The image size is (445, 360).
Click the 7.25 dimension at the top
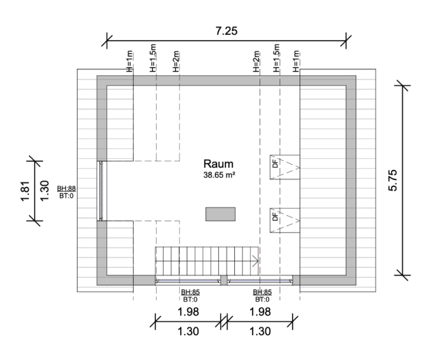pos(227,31)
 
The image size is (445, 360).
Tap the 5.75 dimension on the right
pos(393,181)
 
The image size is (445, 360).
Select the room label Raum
pos(218,164)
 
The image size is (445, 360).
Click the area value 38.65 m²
pos(219,175)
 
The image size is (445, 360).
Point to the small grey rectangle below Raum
pos(221,214)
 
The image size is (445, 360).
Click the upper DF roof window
pos(285,167)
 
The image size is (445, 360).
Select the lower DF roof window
pos(285,221)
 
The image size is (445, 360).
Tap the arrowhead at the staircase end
pos(255,261)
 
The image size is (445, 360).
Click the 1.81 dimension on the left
pos(25,191)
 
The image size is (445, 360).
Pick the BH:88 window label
pos(67,188)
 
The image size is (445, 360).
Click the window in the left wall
pos(101,191)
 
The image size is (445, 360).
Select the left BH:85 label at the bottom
pos(191,292)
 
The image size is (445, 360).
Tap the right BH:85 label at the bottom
pos(263,292)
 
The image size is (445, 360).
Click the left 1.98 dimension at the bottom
pos(188,312)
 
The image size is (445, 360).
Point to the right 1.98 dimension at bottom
pos(260,312)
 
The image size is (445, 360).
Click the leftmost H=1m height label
pos(129,61)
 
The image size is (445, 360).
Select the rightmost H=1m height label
pos(296,61)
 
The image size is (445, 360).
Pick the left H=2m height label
pos(176,61)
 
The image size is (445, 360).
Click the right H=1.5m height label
pos(277,58)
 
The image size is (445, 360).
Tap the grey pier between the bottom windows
pos(224,280)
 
